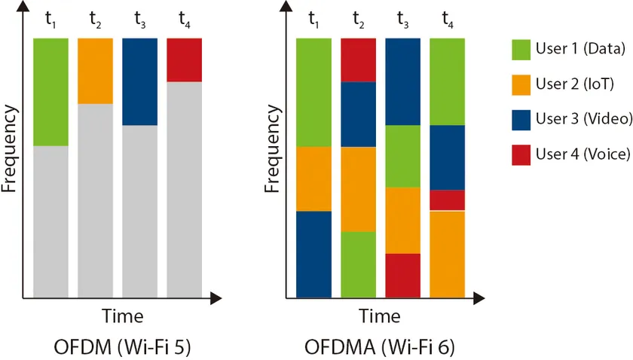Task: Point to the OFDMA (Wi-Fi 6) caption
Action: click(379, 348)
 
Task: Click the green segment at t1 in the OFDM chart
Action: click(50, 91)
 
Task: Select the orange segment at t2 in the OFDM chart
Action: click(95, 70)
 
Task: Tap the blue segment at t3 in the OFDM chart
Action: click(139, 81)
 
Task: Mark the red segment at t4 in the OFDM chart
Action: click(184, 59)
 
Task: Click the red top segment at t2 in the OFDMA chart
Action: click(358, 59)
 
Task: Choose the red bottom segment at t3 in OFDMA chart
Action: click(402, 275)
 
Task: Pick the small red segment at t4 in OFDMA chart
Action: click(447, 200)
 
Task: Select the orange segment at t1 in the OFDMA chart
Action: click(313, 178)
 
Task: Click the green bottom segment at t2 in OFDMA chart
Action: click(358, 264)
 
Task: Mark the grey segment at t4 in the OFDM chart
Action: click(184, 188)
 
